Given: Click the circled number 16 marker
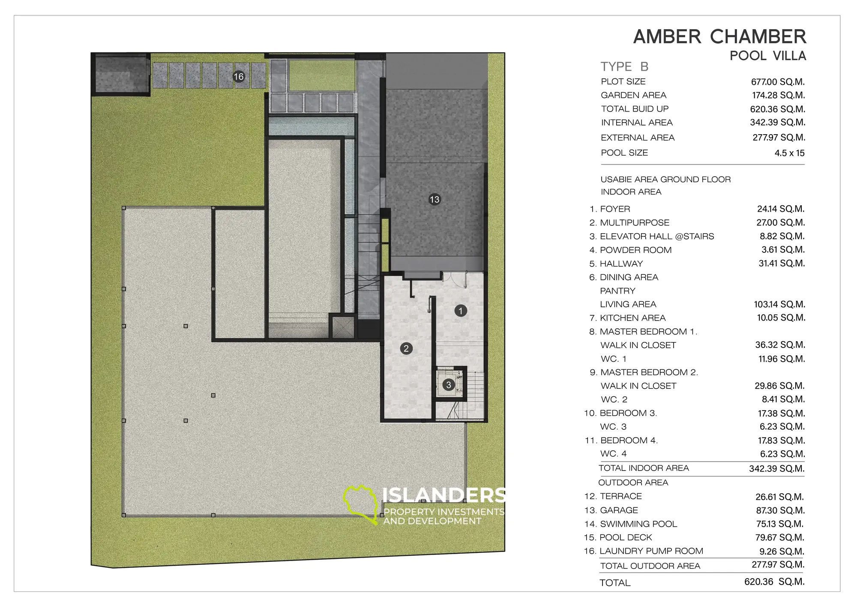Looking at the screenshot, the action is (239, 77).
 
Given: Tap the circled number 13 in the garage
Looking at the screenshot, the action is (434, 199).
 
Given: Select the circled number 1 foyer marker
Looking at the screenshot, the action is (461, 311).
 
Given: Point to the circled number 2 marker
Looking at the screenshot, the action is (406, 348).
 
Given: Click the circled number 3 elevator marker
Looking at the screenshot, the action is (449, 385).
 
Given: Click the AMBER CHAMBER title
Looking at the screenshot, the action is (720, 37).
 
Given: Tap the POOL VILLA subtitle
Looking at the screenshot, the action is (768, 56).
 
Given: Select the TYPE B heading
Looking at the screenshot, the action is (624, 67).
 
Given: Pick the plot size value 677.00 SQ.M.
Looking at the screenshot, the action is (778, 82).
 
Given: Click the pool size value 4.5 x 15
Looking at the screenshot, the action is (789, 153).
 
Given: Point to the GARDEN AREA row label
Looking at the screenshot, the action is (633, 95).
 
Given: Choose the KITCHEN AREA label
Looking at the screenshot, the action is (632, 318).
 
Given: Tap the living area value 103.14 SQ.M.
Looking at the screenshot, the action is (779, 304).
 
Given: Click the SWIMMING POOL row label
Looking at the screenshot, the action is (638, 524).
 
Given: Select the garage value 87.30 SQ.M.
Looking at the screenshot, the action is (780, 510).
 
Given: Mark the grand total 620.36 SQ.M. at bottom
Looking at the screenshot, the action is (774, 582).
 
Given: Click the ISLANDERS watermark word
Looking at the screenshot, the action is (443, 495).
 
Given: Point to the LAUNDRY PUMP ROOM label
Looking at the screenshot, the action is (651, 551).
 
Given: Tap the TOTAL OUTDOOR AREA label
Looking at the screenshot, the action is (650, 566).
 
